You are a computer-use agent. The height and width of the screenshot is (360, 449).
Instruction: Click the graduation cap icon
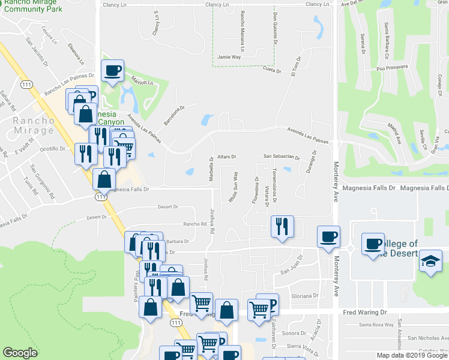[x=430, y=262]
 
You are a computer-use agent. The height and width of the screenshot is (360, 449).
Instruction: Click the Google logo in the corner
[x=20, y=353]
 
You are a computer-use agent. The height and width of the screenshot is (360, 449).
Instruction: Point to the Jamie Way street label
[x=229, y=56]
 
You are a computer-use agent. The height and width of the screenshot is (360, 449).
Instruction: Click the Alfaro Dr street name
[x=228, y=157]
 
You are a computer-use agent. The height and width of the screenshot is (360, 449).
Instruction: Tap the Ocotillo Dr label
[x=52, y=148]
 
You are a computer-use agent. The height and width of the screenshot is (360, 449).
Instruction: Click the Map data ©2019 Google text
[x=411, y=355]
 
